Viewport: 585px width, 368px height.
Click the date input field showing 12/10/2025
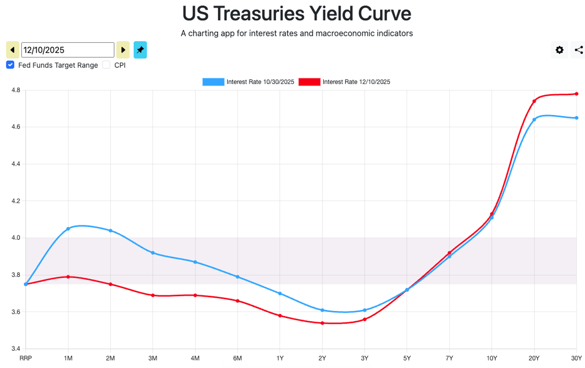coord(67,50)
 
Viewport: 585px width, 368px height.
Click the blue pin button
coord(140,50)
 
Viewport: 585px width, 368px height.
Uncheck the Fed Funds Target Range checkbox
coord(11,65)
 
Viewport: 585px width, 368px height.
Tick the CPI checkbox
coord(106,65)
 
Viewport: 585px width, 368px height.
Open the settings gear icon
coord(559,50)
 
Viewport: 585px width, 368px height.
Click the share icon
coord(579,50)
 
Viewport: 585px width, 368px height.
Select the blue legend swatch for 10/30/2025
coord(213,82)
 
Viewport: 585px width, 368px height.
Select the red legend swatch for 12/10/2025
coord(309,82)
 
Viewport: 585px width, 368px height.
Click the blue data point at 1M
coord(68,229)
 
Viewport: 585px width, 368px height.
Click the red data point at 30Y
coord(576,94)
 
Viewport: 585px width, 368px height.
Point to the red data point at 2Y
coord(322,323)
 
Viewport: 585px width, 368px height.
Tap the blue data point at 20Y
coord(534,120)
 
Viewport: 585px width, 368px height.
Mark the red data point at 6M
coord(238,301)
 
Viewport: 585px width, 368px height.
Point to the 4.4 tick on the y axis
coord(16,164)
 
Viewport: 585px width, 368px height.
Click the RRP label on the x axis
coord(26,358)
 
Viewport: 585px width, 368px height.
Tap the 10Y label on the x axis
coord(492,358)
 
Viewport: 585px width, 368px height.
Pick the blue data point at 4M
coord(195,262)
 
